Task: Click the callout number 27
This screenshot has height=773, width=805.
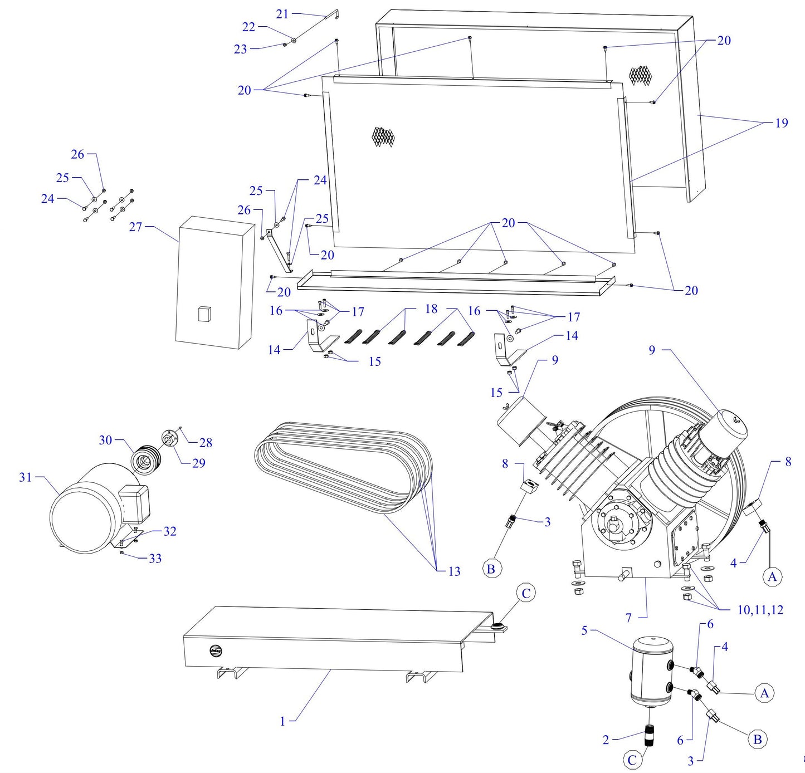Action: [x=136, y=227]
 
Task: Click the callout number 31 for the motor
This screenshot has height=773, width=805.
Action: [x=26, y=477]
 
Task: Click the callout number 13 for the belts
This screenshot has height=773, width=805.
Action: [x=454, y=571]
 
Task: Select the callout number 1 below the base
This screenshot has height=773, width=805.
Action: [x=282, y=721]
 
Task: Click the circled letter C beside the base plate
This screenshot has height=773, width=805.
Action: [x=526, y=594]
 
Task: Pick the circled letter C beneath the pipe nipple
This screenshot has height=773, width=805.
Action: [x=632, y=760]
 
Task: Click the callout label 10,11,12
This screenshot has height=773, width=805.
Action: [x=760, y=610]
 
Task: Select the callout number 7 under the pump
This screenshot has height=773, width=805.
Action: [x=628, y=618]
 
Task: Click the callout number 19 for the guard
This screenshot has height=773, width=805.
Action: [x=782, y=123]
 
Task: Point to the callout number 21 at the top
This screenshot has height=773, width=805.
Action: [x=282, y=14]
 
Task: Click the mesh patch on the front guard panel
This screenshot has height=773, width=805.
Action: [x=383, y=137]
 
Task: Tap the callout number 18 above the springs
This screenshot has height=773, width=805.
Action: [x=431, y=309]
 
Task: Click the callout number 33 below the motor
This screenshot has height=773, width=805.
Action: [x=155, y=558]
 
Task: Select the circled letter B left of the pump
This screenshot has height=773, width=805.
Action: [x=491, y=569]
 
